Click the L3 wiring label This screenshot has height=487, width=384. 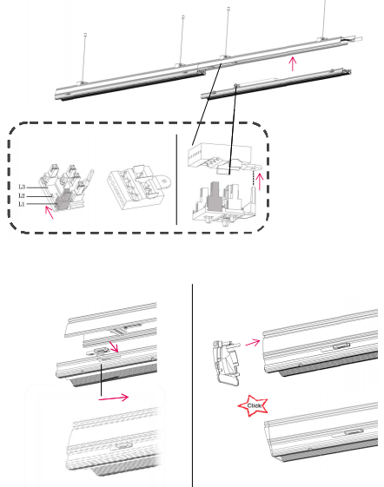coord(22,187)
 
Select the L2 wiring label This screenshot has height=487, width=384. coord(22,195)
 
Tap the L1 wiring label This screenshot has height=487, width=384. coord(21,204)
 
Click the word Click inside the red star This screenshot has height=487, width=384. coord(254,405)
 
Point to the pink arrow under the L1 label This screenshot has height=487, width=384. coord(50,212)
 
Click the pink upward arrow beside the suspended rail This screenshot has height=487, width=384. coord(292,63)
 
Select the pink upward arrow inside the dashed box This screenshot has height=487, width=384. coord(260,181)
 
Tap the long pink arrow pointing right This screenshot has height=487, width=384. coord(114,398)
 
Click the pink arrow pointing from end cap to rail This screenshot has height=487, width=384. coord(253,343)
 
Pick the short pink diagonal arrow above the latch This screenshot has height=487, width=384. coord(114,346)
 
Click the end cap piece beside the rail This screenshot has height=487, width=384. coord(227,362)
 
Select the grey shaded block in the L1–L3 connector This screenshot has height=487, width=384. coord(63,200)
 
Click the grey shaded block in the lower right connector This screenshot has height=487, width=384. coord(214,195)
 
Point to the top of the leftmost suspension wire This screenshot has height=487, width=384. coord(85,34)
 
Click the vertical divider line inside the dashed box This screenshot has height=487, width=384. coord(176,180)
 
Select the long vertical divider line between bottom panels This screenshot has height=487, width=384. coord(192,385)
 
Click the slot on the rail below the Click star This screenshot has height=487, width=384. coord(354,431)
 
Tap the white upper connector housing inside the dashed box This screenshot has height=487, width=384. coord(219,155)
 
